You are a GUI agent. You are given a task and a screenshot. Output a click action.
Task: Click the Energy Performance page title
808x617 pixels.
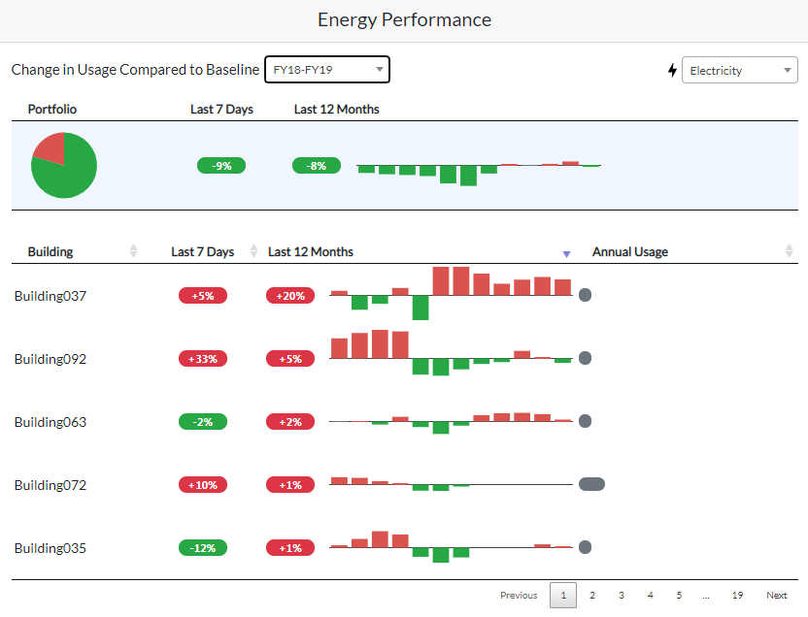(x=404, y=19)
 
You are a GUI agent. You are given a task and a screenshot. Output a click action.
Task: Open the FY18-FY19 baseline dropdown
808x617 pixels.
(x=327, y=70)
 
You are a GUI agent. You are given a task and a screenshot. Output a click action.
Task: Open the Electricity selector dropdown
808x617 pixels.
(x=739, y=70)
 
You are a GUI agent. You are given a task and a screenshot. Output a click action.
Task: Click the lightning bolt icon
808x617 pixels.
(x=672, y=71)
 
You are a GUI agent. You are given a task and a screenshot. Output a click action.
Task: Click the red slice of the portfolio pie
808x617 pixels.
(x=50, y=147)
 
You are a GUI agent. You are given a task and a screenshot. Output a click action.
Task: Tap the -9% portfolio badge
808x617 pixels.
(x=221, y=166)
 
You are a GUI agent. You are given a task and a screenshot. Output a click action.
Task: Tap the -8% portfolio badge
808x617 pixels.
(x=317, y=166)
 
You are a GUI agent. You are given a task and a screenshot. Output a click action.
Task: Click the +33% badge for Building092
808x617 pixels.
(x=203, y=359)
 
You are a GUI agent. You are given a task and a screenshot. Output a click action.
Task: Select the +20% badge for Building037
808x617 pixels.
(x=290, y=296)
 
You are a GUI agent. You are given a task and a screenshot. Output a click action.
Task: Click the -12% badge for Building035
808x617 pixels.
(x=203, y=548)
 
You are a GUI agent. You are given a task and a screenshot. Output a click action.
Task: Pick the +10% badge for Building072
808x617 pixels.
(x=203, y=485)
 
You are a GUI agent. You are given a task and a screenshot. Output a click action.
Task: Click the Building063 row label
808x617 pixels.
(x=50, y=422)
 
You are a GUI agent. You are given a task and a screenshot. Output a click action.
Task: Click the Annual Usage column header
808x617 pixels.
(x=630, y=251)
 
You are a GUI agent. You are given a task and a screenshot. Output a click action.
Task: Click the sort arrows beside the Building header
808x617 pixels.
(x=133, y=251)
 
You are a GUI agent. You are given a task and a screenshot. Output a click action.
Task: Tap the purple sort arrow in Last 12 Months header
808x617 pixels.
(x=566, y=254)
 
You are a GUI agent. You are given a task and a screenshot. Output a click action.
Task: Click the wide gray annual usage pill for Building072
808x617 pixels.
(x=591, y=484)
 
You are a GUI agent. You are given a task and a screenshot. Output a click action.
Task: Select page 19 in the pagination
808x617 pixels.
(x=738, y=596)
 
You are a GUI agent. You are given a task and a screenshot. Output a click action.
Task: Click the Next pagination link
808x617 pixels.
(x=777, y=596)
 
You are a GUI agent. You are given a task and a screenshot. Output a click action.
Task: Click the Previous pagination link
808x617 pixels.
(x=519, y=596)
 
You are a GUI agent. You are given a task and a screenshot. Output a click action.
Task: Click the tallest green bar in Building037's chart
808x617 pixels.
(x=421, y=308)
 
